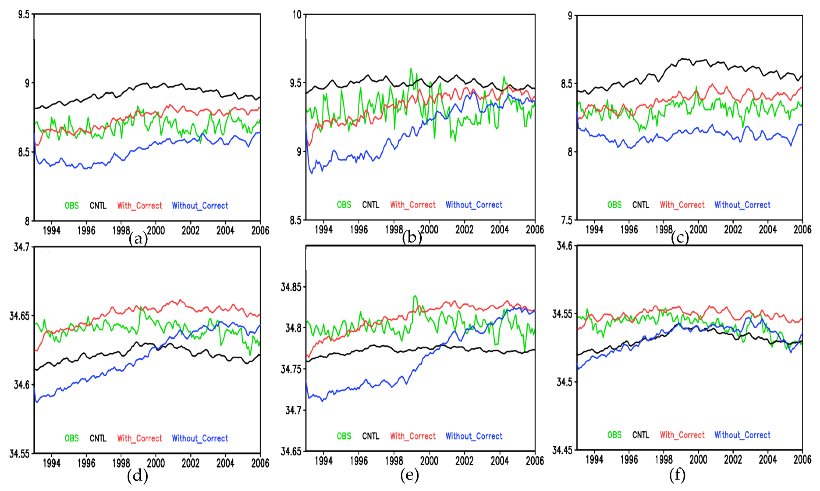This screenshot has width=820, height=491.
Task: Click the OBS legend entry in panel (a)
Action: point(71,206)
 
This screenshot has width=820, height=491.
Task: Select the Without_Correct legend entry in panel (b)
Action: point(474,205)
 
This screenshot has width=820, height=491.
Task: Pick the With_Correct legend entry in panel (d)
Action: point(140,438)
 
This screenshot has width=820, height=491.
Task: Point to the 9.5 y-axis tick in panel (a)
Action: point(24,14)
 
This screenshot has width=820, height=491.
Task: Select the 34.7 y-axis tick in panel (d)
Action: point(21,247)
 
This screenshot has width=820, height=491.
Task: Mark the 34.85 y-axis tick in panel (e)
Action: point(291,287)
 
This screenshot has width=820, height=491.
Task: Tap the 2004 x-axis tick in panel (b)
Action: point(499,229)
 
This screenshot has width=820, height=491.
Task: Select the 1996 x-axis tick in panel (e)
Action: point(359,460)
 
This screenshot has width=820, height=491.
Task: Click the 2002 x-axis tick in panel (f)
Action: point(733,459)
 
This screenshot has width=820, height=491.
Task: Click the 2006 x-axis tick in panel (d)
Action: point(260,463)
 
